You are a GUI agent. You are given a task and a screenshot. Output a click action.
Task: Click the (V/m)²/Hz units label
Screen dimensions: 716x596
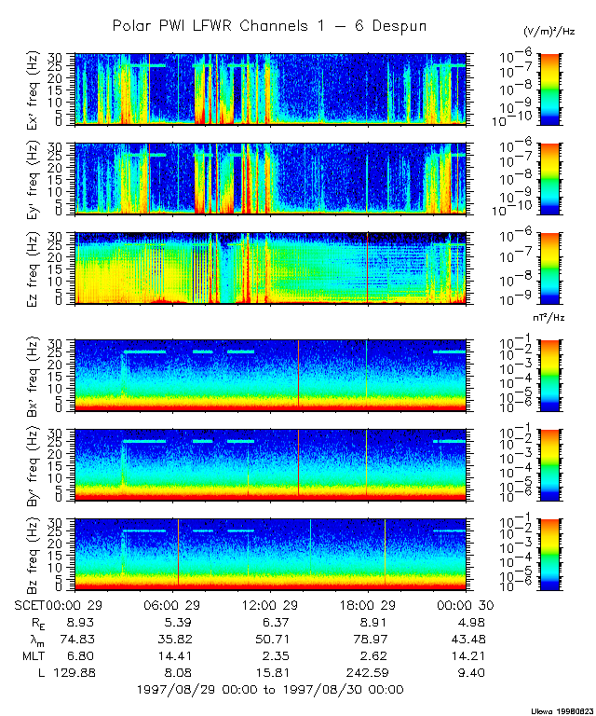point(549,32)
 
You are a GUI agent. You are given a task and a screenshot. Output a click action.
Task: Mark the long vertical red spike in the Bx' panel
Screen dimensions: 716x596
point(298,373)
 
